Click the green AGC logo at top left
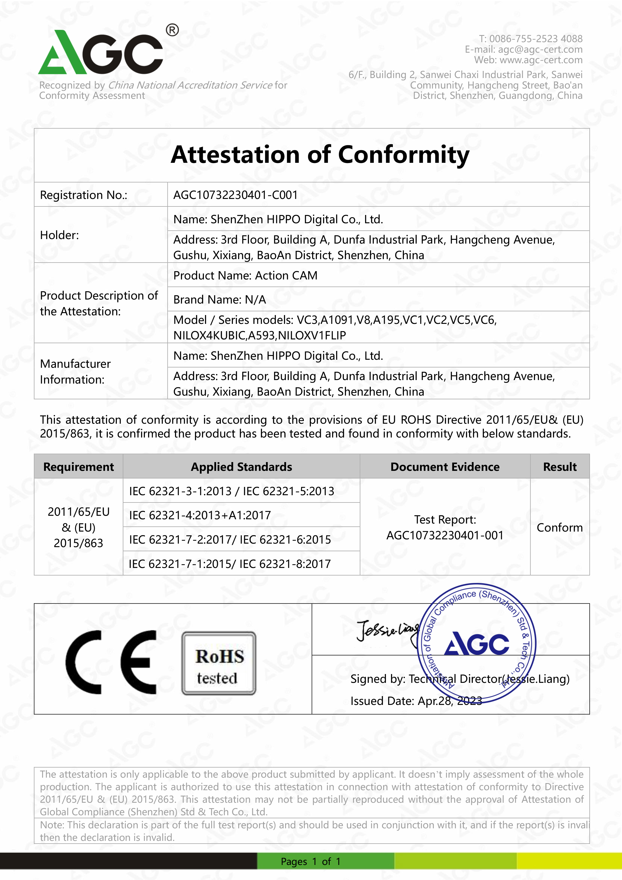100,53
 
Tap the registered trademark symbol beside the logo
172,30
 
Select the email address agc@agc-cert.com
540,49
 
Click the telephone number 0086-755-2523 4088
536,39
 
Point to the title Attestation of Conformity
320,155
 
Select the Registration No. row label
83,195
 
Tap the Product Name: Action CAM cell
245,276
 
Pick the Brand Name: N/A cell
219,300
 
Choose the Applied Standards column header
241,467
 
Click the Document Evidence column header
445,467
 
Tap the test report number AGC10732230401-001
445,535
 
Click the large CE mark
111,662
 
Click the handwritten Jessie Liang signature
387,630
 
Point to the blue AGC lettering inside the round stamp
476,644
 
